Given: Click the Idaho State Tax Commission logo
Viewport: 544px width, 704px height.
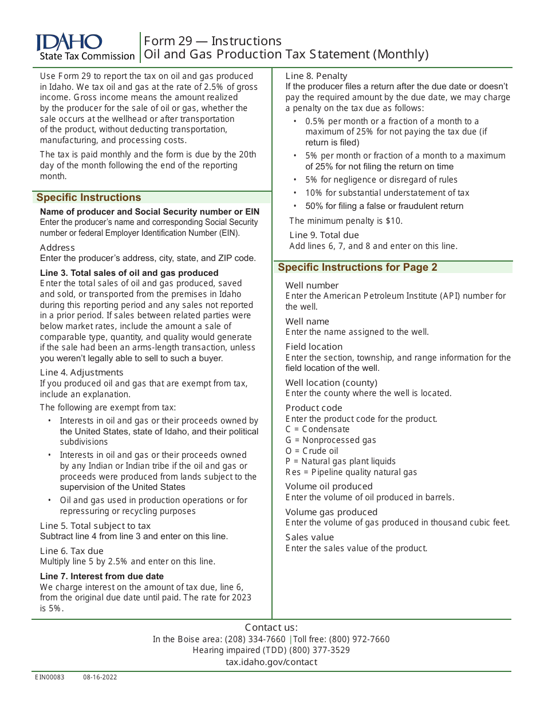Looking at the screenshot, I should click(x=85, y=47).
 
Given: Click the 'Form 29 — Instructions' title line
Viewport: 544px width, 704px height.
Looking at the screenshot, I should click(x=212, y=41).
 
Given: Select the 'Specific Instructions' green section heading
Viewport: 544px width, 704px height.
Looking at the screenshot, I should click(x=89, y=197).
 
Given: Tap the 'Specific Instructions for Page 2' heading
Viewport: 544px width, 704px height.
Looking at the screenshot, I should click(x=357, y=267).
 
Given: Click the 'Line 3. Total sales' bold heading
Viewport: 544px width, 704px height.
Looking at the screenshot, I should click(x=129, y=273).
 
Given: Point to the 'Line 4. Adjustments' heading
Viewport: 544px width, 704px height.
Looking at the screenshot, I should click(x=81, y=373).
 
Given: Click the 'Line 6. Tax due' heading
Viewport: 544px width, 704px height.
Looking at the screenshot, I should click(x=72, y=551).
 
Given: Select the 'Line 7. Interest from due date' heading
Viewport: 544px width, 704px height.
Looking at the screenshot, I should click(x=101, y=576).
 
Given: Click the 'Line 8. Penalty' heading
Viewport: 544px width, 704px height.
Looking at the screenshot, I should click(x=316, y=76).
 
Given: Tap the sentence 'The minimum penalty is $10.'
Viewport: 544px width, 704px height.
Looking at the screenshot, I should click(x=346, y=221).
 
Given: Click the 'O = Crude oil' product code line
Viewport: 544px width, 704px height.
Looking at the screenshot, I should click(x=312, y=451).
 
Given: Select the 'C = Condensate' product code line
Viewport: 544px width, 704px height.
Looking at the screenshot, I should click(x=317, y=429).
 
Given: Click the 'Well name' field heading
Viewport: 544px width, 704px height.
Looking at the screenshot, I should click(x=307, y=322).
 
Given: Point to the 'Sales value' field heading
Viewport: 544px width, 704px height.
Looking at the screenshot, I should click(x=309, y=537).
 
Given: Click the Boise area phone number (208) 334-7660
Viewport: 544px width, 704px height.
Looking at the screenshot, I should click(x=255, y=639).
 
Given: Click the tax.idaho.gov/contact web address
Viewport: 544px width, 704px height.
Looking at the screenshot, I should click(x=271, y=662).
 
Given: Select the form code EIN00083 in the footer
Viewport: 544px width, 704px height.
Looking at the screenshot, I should click(x=49, y=677).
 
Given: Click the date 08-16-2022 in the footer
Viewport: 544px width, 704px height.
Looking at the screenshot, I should click(x=100, y=677).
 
